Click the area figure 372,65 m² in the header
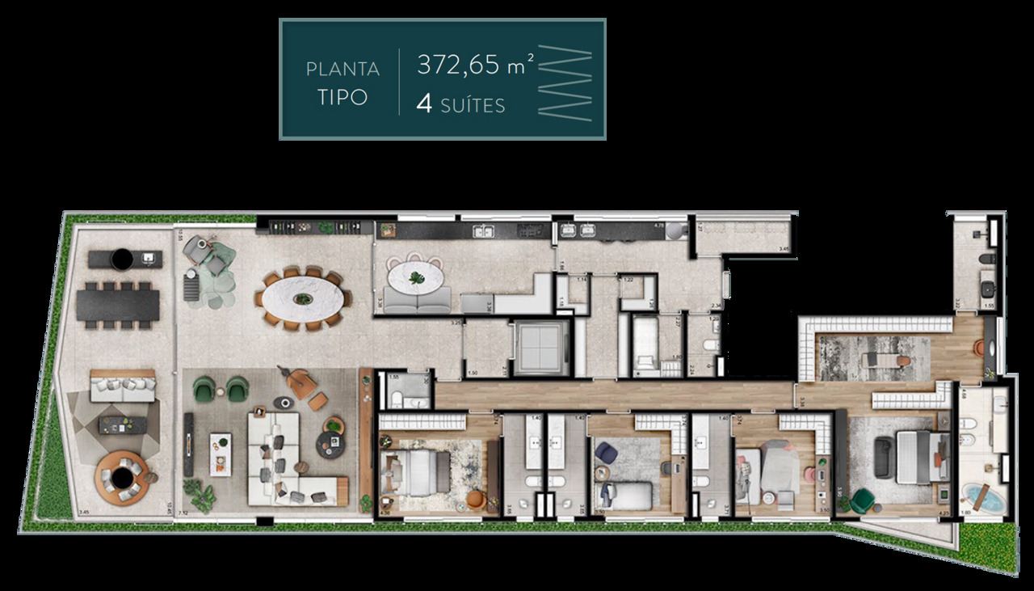tap(475, 65)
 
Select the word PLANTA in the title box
tap(342, 69)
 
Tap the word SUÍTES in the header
tap(473, 106)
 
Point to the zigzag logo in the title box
tap(565, 80)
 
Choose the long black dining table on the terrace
tap(118, 305)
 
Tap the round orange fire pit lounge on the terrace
tap(123, 476)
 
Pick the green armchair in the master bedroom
tap(862, 500)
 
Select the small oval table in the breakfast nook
tap(415, 279)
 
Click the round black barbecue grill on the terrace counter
tap(121, 259)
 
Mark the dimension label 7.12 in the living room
tap(185, 513)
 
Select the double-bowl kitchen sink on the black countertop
tap(485, 232)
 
